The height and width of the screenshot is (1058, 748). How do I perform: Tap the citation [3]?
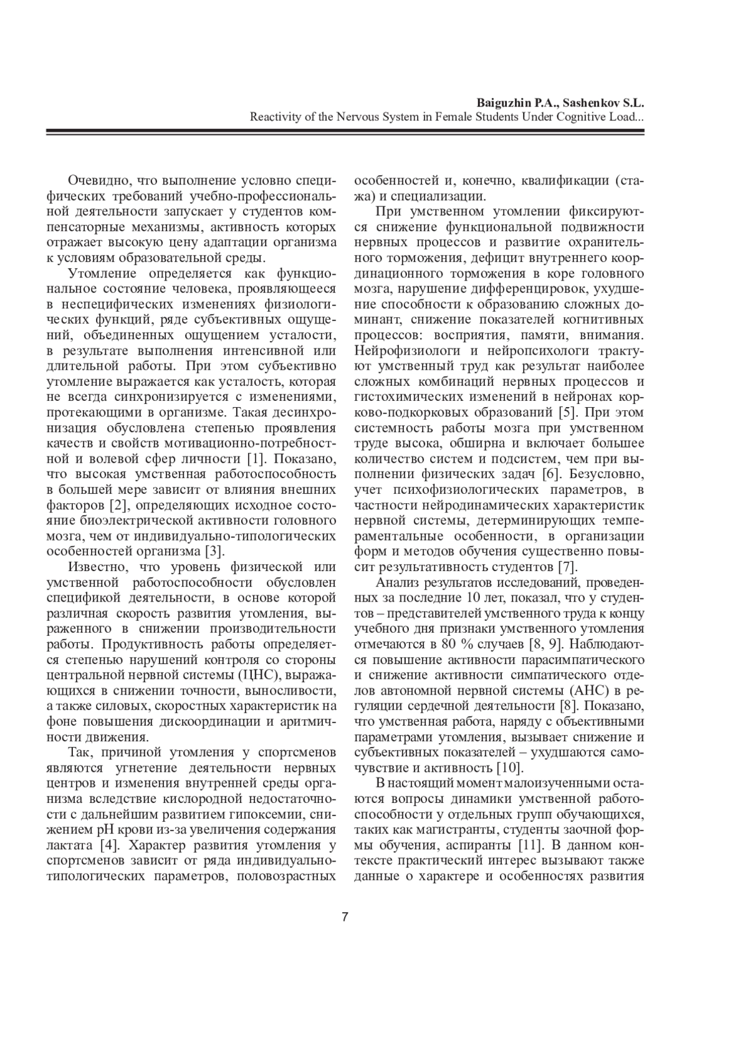point(214,551)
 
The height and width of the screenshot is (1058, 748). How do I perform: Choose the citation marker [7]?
point(567,567)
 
